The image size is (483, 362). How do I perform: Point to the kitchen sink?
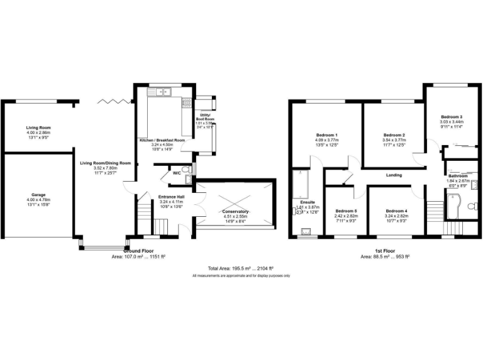coord(162,92)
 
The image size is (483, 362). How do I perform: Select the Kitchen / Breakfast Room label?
coord(162,140)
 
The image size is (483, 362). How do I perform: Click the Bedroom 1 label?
coord(327,135)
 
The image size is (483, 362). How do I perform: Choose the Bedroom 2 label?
coord(394,135)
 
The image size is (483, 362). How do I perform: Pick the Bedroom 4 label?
coord(396,211)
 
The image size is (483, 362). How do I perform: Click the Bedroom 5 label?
coord(345,211)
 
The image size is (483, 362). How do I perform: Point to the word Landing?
coord(394,175)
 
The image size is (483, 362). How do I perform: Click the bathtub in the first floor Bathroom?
coord(454,207)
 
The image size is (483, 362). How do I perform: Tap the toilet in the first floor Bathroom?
coord(474,184)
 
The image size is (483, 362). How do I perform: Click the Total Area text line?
coord(241,268)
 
